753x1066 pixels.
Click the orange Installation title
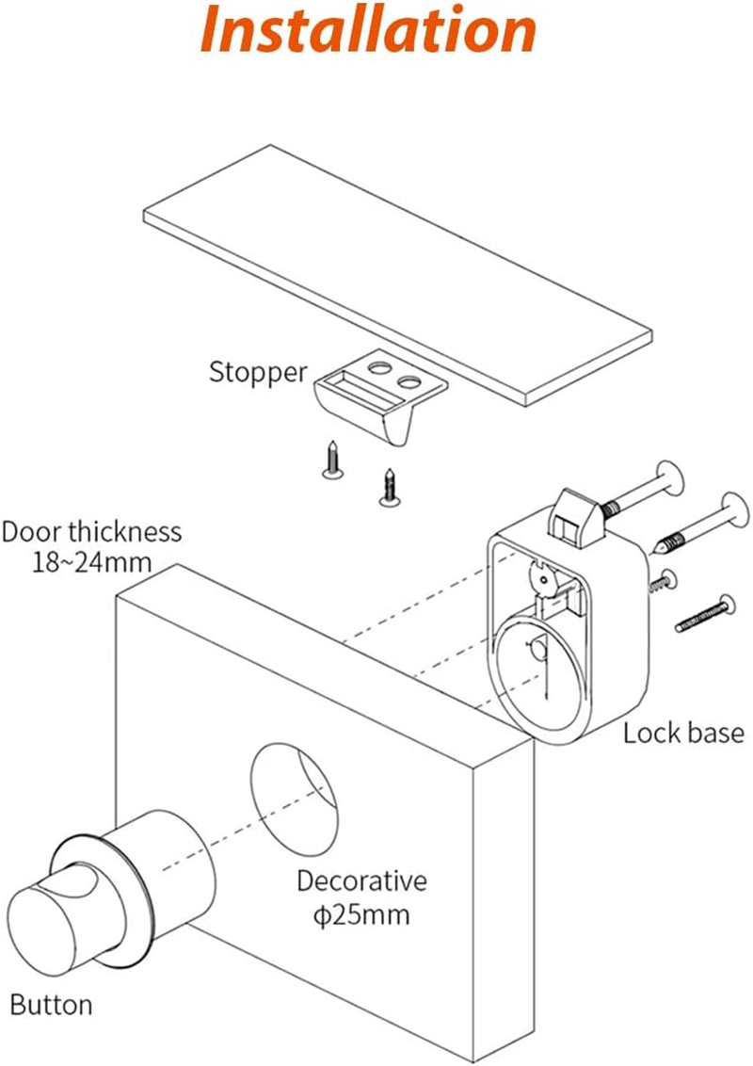point(369,32)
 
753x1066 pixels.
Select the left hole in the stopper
point(380,363)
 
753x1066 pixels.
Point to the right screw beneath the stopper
point(388,486)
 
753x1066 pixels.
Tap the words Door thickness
point(91,531)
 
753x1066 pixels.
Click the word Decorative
point(361,881)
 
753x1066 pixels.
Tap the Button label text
point(52,1004)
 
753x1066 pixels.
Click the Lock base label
point(682,733)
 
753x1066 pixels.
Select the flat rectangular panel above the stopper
point(395,273)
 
